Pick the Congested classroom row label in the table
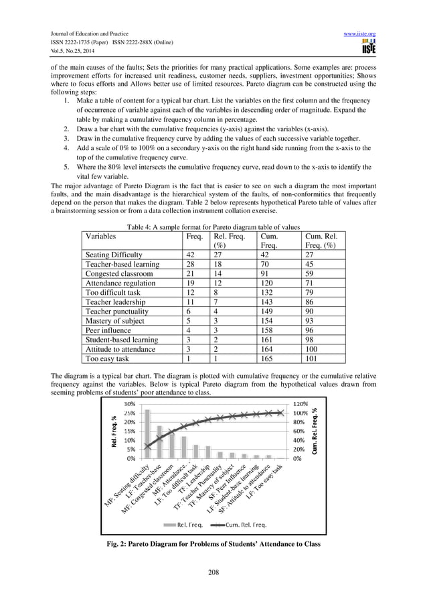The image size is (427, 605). click(119, 274)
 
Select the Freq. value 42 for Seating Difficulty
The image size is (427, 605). click(191, 255)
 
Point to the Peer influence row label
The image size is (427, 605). click(112, 330)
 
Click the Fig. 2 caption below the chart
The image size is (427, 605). click(213, 543)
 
